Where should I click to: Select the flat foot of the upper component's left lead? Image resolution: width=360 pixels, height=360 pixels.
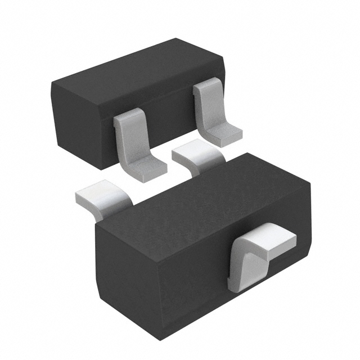click(x=147, y=166)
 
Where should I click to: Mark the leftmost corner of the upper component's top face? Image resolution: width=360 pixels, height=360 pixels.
click(x=52, y=84)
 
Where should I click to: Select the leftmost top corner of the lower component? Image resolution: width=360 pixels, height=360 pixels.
click(x=97, y=225)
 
